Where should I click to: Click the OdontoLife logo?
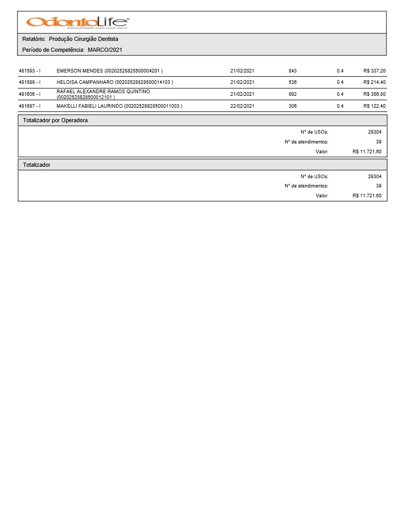[x=78, y=22]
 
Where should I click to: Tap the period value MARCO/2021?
[x=105, y=50]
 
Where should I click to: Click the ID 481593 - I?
[x=29, y=70]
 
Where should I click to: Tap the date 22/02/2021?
[x=242, y=106]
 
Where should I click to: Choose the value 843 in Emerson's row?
[x=293, y=70]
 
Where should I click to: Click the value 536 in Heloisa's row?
[x=293, y=82]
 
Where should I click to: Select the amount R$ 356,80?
[x=375, y=94]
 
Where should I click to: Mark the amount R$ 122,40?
[x=375, y=106]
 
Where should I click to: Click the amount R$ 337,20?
[x=375, y=70]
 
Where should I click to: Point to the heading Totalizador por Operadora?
[x=55, y=120]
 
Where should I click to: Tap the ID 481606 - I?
[x=29, y=94]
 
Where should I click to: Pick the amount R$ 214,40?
[x=375, y=82]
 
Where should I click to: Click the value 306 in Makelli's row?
[x=293, y=106]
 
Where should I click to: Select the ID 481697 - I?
[x=29, y=106]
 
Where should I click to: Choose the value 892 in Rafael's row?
[x=293, y=94]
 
